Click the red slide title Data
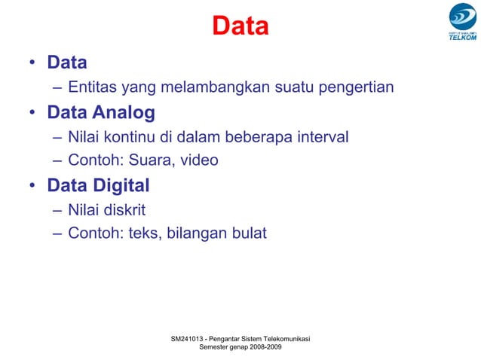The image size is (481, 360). tap(240, 26)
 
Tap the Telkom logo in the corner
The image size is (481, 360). tap(462, 22)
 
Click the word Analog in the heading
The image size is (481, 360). tap(124, 113)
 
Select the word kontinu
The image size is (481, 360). tap(133, 138)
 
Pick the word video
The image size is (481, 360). tap(200, 160)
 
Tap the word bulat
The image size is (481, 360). tap(247, 233)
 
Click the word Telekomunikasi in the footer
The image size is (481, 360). tap(280, 340)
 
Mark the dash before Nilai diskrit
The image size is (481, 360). tap(58, 210)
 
